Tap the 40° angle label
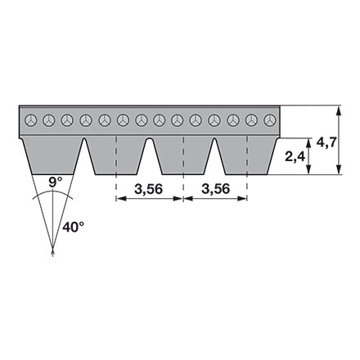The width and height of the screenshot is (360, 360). point(73,227)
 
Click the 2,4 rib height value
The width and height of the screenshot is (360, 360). point(295,155)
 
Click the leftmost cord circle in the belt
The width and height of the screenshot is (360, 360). point(30,120)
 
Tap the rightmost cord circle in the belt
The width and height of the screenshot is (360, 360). point(268,120)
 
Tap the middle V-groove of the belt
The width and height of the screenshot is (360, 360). point(150,151)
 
